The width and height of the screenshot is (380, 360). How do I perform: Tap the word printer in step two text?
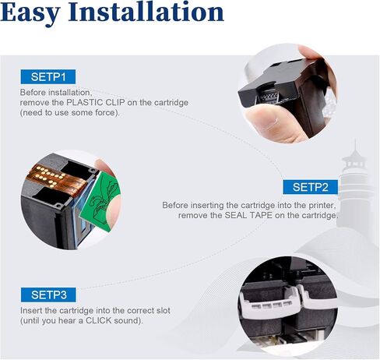[305, 205]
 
